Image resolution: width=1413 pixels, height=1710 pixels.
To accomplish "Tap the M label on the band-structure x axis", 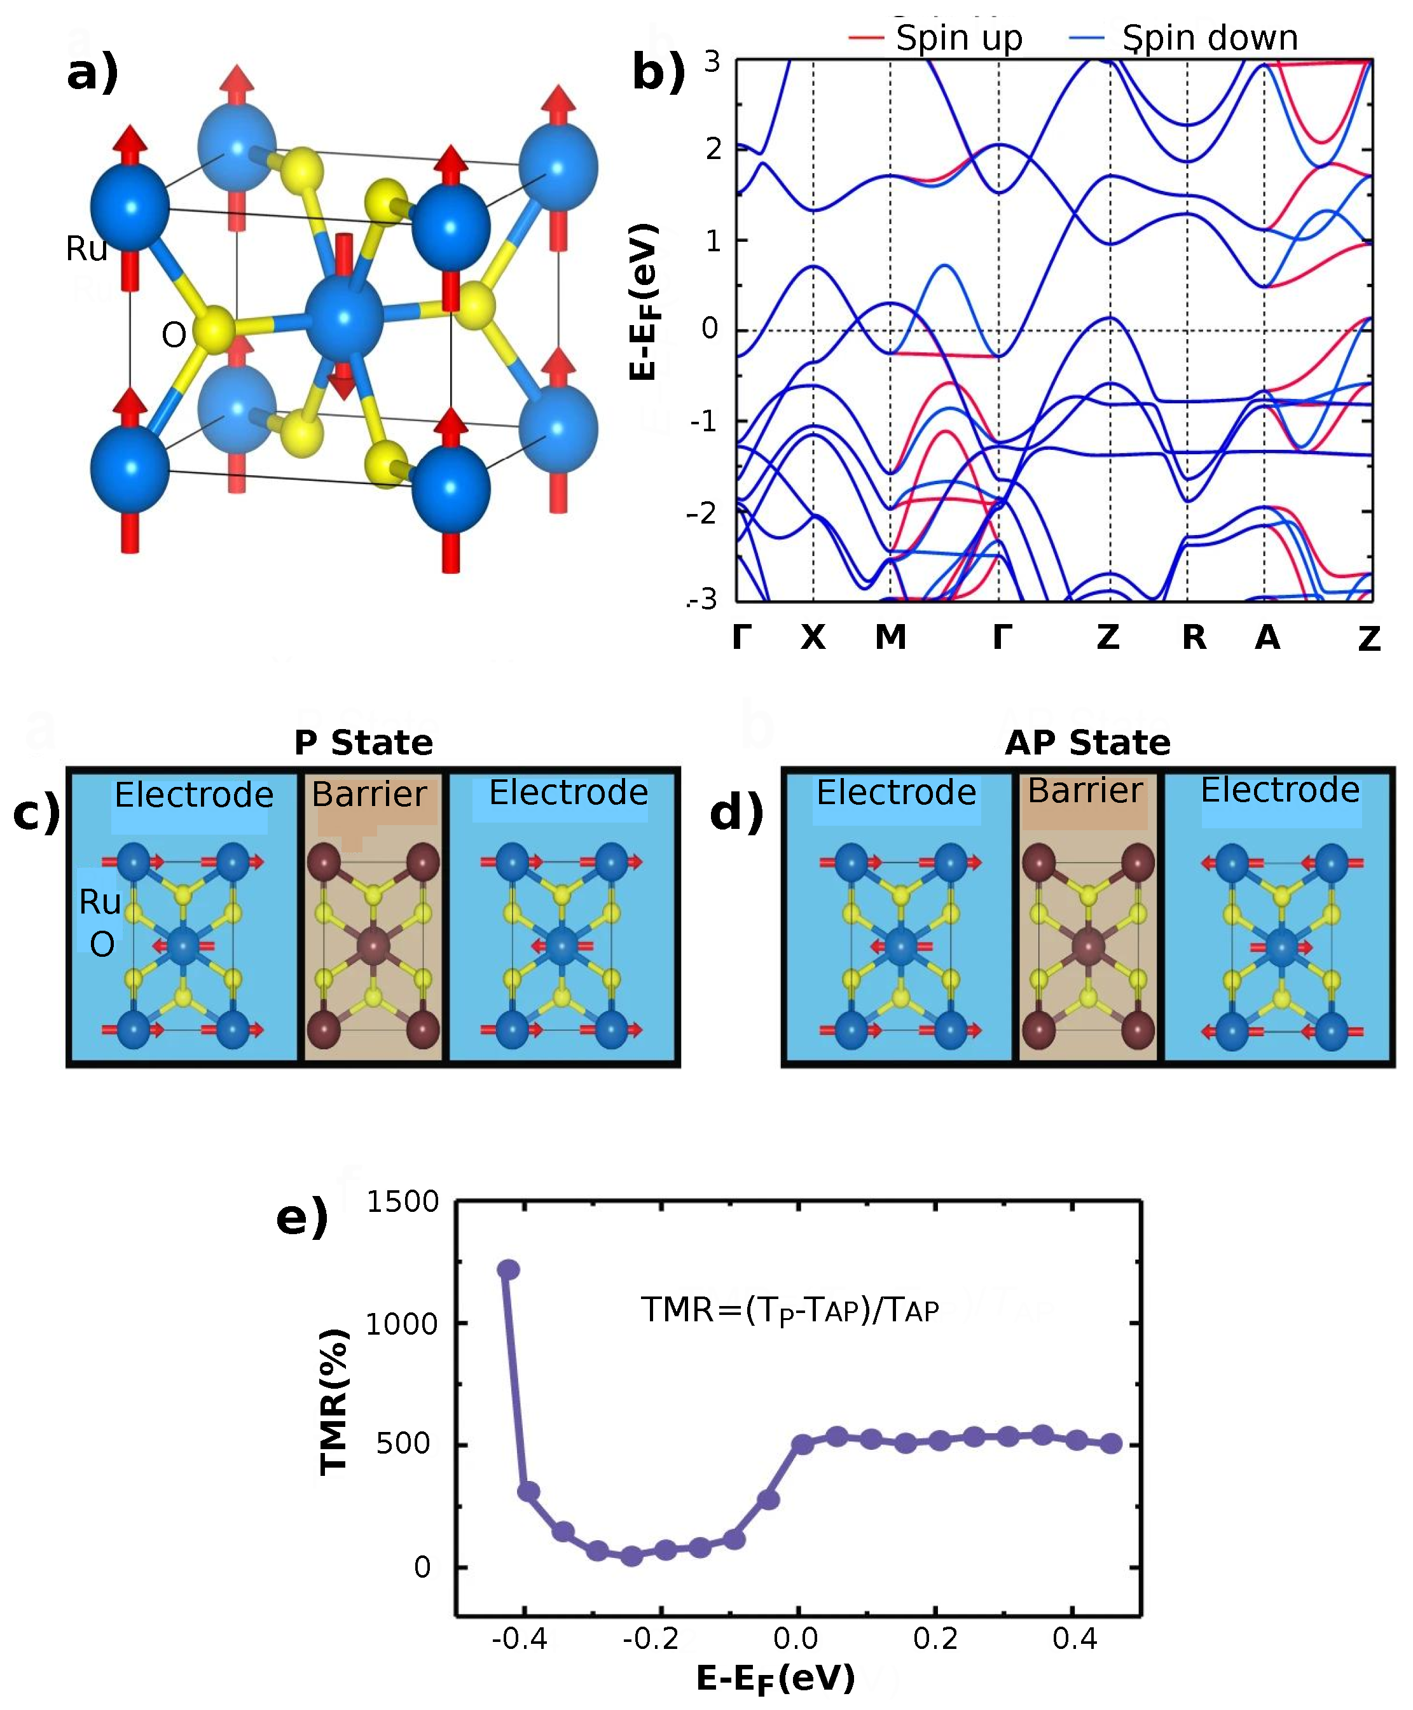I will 890,637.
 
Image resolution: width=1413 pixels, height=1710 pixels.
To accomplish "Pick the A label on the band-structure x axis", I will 1267,637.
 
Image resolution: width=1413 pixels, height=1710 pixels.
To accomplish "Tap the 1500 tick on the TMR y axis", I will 402,1202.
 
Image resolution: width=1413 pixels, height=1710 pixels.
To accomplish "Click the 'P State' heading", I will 364,742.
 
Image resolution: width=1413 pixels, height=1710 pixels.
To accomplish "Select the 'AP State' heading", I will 1087,742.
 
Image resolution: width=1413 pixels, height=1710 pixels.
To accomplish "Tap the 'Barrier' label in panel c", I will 369,794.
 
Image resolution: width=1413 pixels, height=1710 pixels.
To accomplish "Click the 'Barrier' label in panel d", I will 1085,791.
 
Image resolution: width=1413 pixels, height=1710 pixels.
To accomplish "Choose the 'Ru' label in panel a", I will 86,248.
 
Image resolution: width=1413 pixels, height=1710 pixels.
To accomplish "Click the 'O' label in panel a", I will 174,335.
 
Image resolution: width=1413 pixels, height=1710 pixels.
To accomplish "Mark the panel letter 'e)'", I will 302,1218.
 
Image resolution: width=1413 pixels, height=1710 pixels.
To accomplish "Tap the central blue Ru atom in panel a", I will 344,318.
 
